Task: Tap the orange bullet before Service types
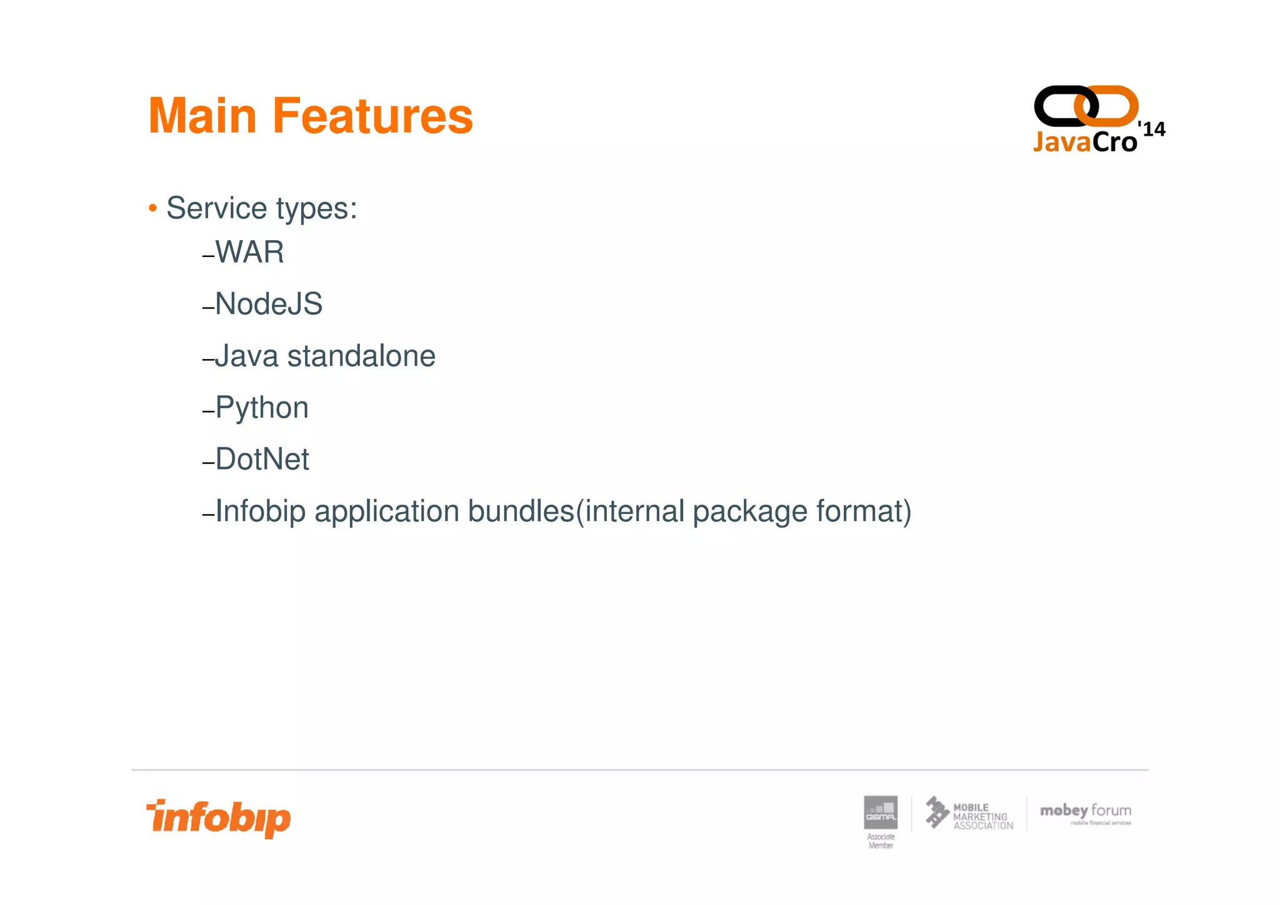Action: (152, 208)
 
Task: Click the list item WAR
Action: (249, 252)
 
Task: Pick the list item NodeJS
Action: (268, 304)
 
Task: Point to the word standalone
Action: (361, 356)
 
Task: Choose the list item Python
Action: (261, 408)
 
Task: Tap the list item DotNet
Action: (262, 459)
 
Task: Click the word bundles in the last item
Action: (521, 511)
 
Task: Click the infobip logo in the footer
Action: (219, 818)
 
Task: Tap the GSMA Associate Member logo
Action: (881, 820)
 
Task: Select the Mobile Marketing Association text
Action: (982, 817)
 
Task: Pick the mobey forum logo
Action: (1085, 814)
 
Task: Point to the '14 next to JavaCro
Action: (1151, 129)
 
